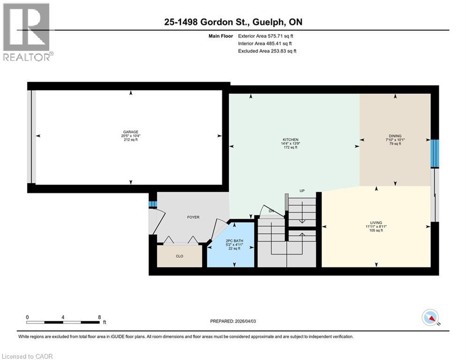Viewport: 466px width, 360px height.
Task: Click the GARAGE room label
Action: [x=131, y=132]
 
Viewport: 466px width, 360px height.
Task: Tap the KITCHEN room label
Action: [x=290, y=140]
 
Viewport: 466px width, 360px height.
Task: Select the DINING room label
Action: [x=395, y=136]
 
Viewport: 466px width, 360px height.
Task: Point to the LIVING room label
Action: [x=376, y=223]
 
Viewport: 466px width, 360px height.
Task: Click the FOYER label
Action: [x=193, y=217]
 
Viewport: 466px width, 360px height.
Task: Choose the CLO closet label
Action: [x=179, y=256]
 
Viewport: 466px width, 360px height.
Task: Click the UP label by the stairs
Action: [x=303, y=191]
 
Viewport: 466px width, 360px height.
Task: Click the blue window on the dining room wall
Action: [x=435, y=153]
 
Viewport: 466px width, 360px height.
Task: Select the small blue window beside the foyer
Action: [x=152, y=204]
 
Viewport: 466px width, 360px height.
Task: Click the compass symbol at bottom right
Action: [x=429, y=318]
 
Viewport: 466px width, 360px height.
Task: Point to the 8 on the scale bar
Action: [x=99, y=317]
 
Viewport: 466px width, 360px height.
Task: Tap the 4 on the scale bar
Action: [x=63, y=317]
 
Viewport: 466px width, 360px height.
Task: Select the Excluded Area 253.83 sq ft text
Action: [x=267, y=51]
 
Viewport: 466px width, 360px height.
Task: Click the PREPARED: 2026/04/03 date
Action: [x=237, y=321]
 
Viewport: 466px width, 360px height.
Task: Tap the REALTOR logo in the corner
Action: [x=27, y=32]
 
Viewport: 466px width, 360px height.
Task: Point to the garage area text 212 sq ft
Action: [x=131, y=140]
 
